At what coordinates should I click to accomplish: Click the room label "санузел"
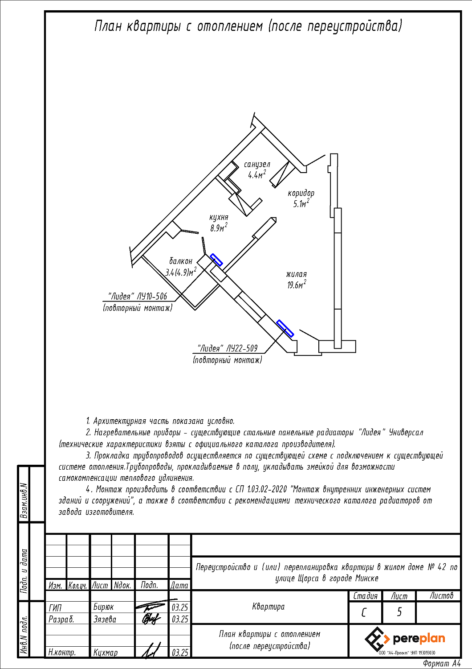coord(257,165)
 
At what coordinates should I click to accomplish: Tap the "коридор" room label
coord(301,194)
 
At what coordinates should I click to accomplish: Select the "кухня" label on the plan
coord(219,217)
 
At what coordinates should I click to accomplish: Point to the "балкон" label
coord(181,261)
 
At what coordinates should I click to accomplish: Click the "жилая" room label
coord(297,274)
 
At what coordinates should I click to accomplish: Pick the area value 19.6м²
coord(297,285)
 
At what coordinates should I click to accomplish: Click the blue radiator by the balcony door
coord(216,260)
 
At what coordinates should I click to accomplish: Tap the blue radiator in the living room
coord(285,328)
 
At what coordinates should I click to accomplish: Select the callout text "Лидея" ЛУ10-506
coord(138,296)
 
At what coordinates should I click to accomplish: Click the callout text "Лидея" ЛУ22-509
coord(228,348)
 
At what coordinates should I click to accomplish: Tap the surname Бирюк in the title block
coord(103,607)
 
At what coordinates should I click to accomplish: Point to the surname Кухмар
coord(106,653)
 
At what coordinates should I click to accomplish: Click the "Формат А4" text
coord(442,663)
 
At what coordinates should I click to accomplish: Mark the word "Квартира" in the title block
coord(269,607)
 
